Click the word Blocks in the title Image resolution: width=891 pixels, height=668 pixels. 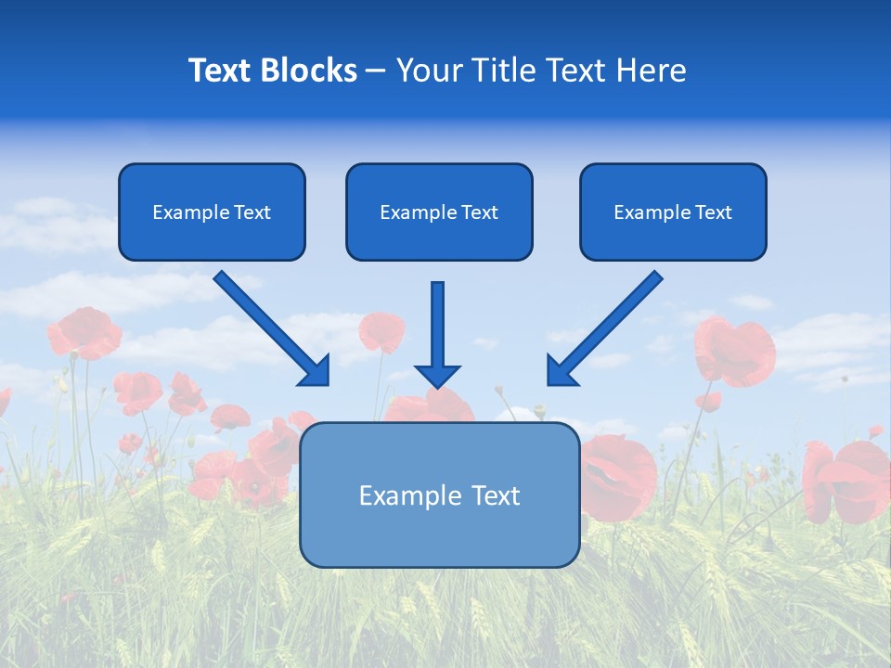pos(309,71)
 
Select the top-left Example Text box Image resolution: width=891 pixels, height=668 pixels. pos(212,212)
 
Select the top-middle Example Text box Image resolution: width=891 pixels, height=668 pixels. pos(439,212)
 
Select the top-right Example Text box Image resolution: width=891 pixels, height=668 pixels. pos(673,212)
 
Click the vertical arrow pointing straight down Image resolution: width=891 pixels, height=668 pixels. pos(437,334)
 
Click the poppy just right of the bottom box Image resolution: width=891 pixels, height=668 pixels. pos(618,475)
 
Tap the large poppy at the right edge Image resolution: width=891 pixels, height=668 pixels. pos(849,480)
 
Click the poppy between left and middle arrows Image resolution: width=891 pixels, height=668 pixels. pos(381,330)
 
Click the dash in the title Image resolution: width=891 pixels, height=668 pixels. pos(376,71)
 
